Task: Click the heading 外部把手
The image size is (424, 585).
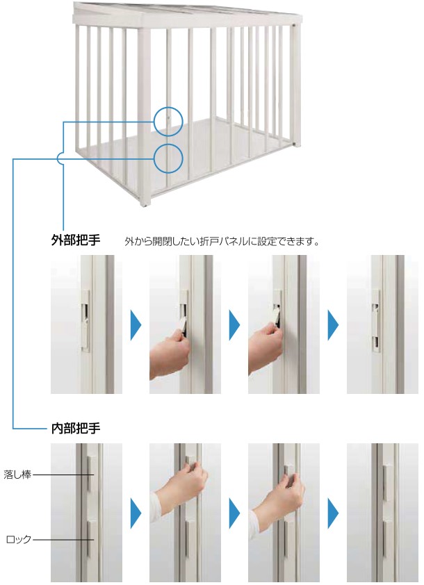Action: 76,240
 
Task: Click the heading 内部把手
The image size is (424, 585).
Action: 76,428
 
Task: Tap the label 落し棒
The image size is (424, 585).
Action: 17,475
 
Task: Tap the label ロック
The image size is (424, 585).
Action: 19,539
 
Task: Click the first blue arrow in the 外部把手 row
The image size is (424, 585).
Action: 136,324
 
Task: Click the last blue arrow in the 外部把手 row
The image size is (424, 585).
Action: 333,324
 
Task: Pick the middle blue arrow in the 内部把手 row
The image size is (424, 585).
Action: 234,513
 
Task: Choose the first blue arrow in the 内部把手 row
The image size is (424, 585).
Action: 136,513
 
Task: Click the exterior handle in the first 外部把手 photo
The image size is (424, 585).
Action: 85,321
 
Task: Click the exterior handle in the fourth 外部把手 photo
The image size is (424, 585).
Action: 376,321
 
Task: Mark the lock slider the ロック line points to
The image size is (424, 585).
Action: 90,538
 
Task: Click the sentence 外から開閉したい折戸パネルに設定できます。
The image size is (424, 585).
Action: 222,241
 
